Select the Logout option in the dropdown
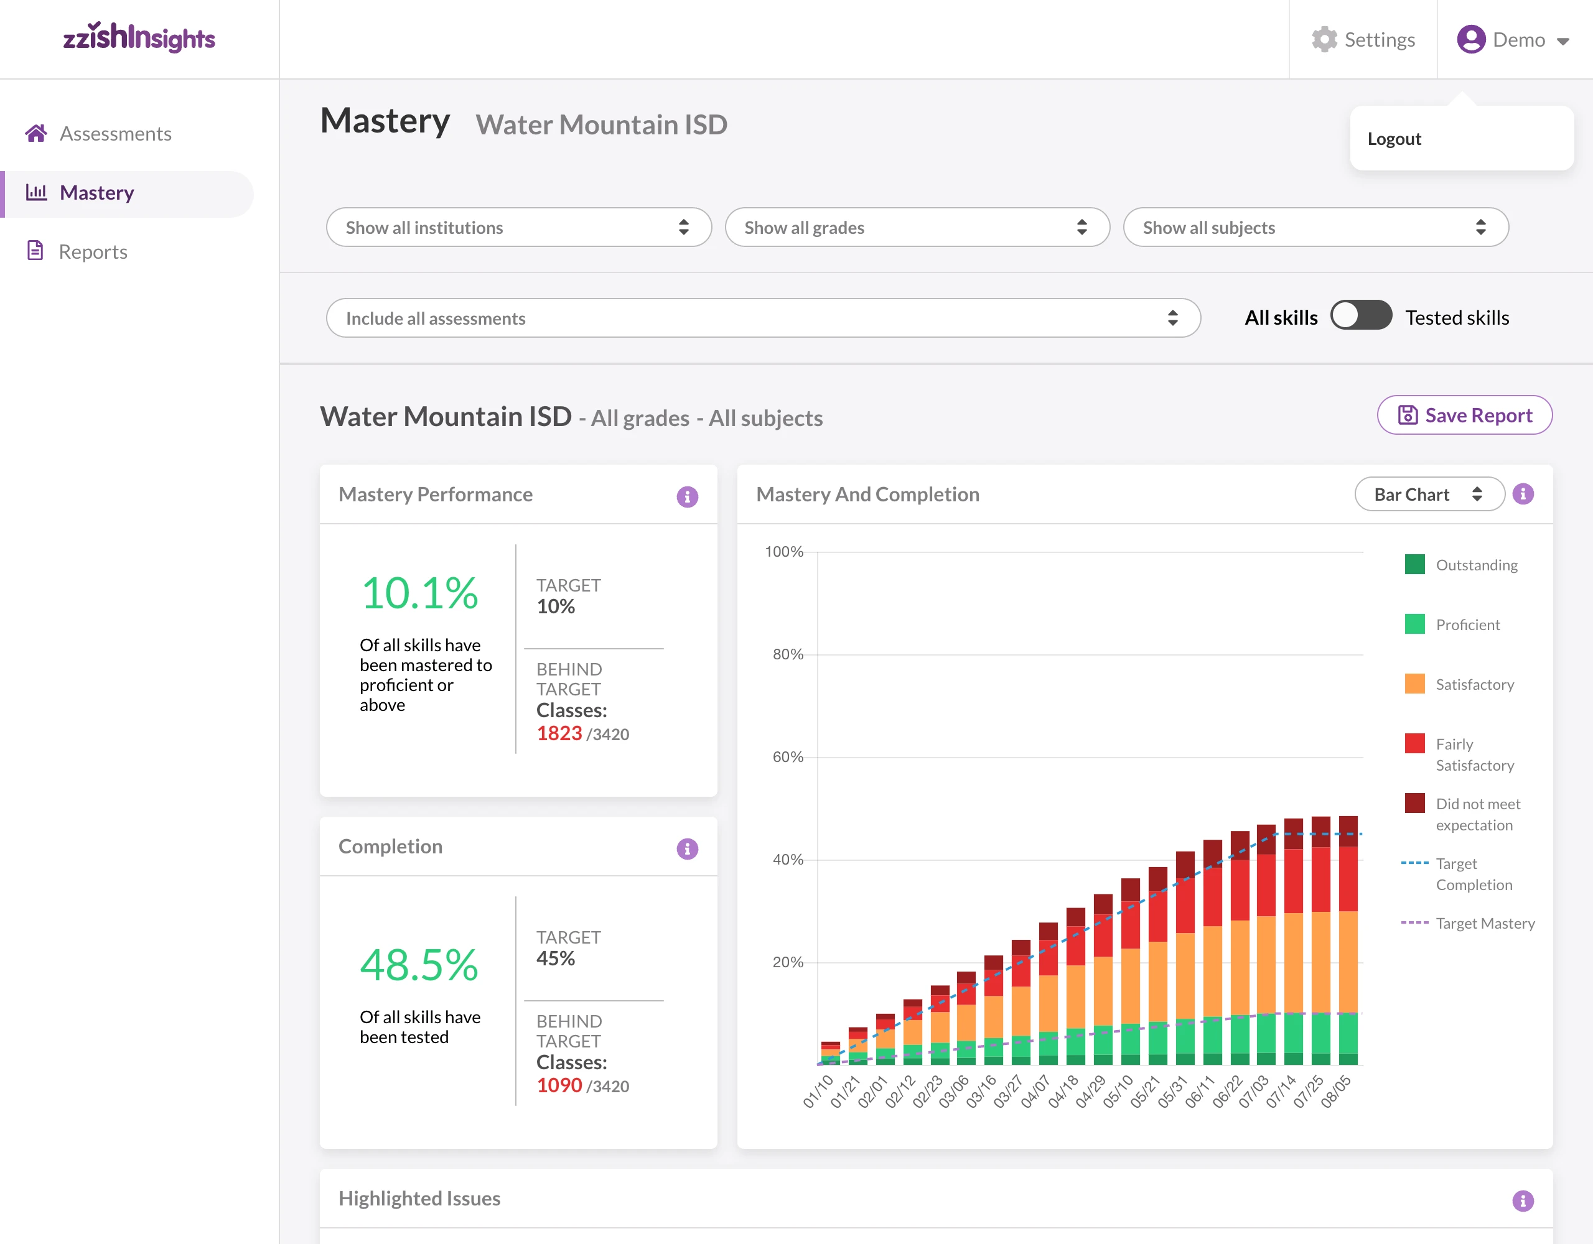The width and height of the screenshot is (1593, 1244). pyautogui.click(x=1394, y=139)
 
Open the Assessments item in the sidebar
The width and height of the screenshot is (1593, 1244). pyautogui.click(x=115, y=134)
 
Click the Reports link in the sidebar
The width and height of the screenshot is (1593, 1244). pyautogui.click(x=93, y=251)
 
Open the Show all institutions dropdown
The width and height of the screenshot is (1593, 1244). pyautogui.click(x=518, y=228)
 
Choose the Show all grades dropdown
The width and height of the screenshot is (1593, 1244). pyautogui.click(x=917, y=228)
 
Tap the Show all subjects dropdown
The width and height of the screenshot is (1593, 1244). pyautogui.click(x=1315, y=228)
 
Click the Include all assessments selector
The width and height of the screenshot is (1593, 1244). pyautogui.click(x=762, y=318)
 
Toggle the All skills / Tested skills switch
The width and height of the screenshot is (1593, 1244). pyautogui.click(x=1360, y=317)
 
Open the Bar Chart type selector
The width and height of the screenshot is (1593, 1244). pyautogui.click(x=1428, y=494)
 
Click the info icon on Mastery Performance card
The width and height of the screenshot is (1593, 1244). pyautogui.click(x=687, y=496)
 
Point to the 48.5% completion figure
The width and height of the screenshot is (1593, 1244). pyautogui.click(x=419, y=965)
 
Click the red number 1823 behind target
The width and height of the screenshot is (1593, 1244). pyautogui.click(x=559, y=733)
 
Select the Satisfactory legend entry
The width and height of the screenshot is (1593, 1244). pyautogui.click(x=1474, y=684)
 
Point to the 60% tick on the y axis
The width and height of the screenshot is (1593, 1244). pyautogui.click(x=788, y=757)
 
